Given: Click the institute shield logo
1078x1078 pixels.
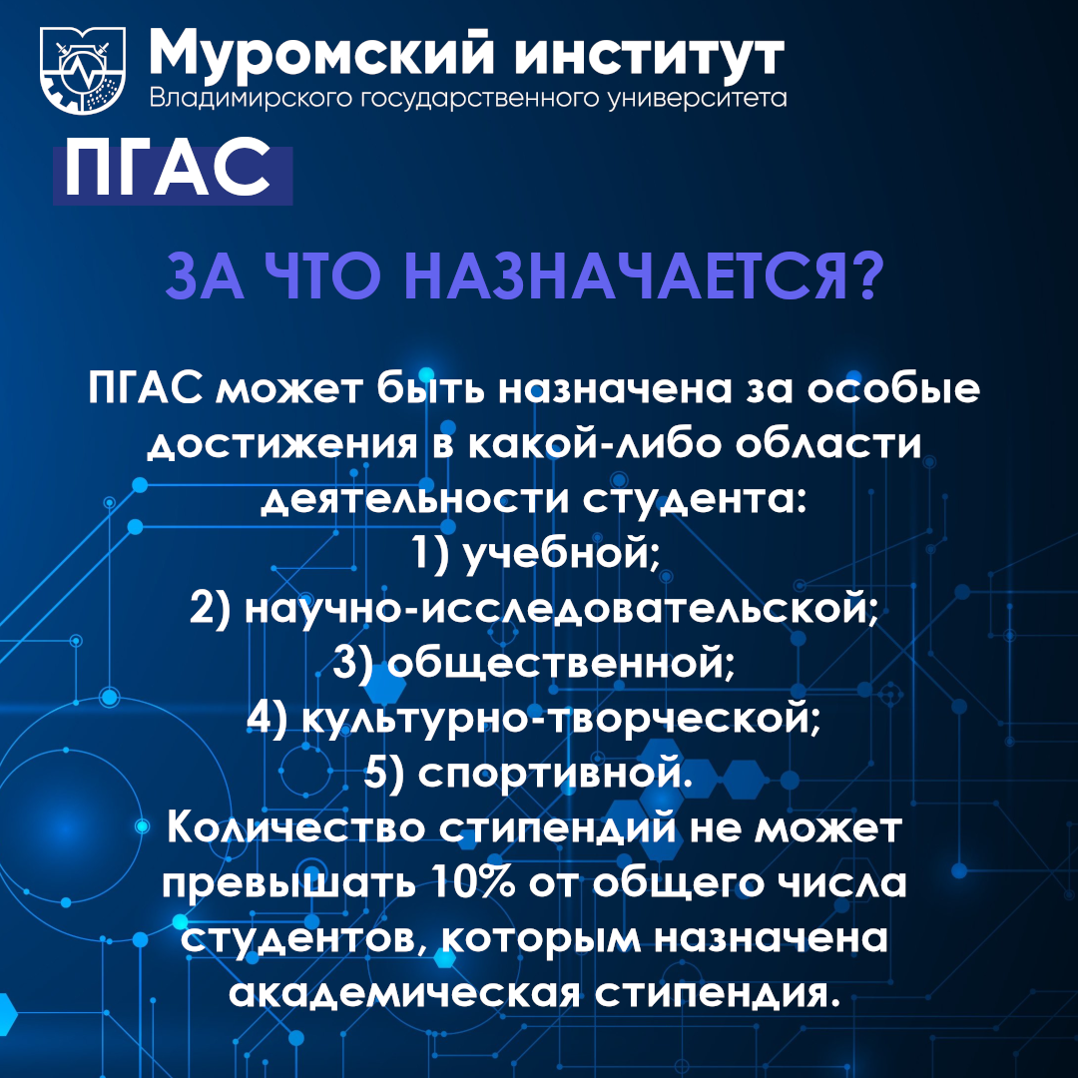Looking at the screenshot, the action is pos(83,70).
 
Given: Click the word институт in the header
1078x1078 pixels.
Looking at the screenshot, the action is pos(650,56).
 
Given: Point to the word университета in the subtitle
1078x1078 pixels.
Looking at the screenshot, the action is pos(698,98).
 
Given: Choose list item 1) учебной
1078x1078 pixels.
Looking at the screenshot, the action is pos(536,553).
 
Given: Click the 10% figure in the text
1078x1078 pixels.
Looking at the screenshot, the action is pos(474,882).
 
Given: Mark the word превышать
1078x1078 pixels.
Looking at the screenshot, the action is pos(288,884).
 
